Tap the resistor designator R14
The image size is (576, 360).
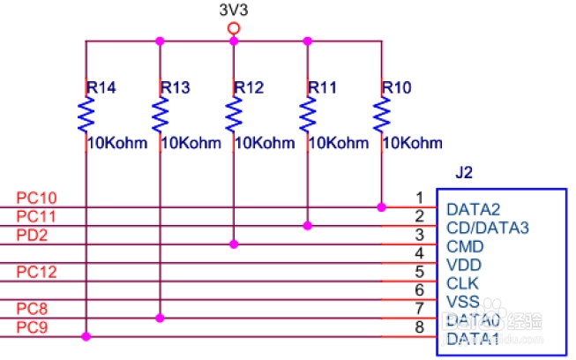(x=101, y=88)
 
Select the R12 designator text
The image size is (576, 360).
(x=249, y=88)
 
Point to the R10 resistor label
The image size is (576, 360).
(x=398, y=88)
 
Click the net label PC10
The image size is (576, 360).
(x=36, y=198)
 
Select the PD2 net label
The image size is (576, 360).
(x=32, y=235)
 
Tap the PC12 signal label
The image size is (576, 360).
(x=36, y=272)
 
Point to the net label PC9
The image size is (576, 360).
(x=32, y=327)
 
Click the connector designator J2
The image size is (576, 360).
(x=464, y=173)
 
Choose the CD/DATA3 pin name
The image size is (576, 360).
(x=488, y=228)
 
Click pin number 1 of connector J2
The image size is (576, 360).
(x=421, y=198)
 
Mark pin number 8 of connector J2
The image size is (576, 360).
(x=421, y=327)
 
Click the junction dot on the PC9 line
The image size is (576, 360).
(x=86, y=336)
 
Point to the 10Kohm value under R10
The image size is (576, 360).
(x=414, y=143)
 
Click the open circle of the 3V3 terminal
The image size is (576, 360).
(x=234, y=28)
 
